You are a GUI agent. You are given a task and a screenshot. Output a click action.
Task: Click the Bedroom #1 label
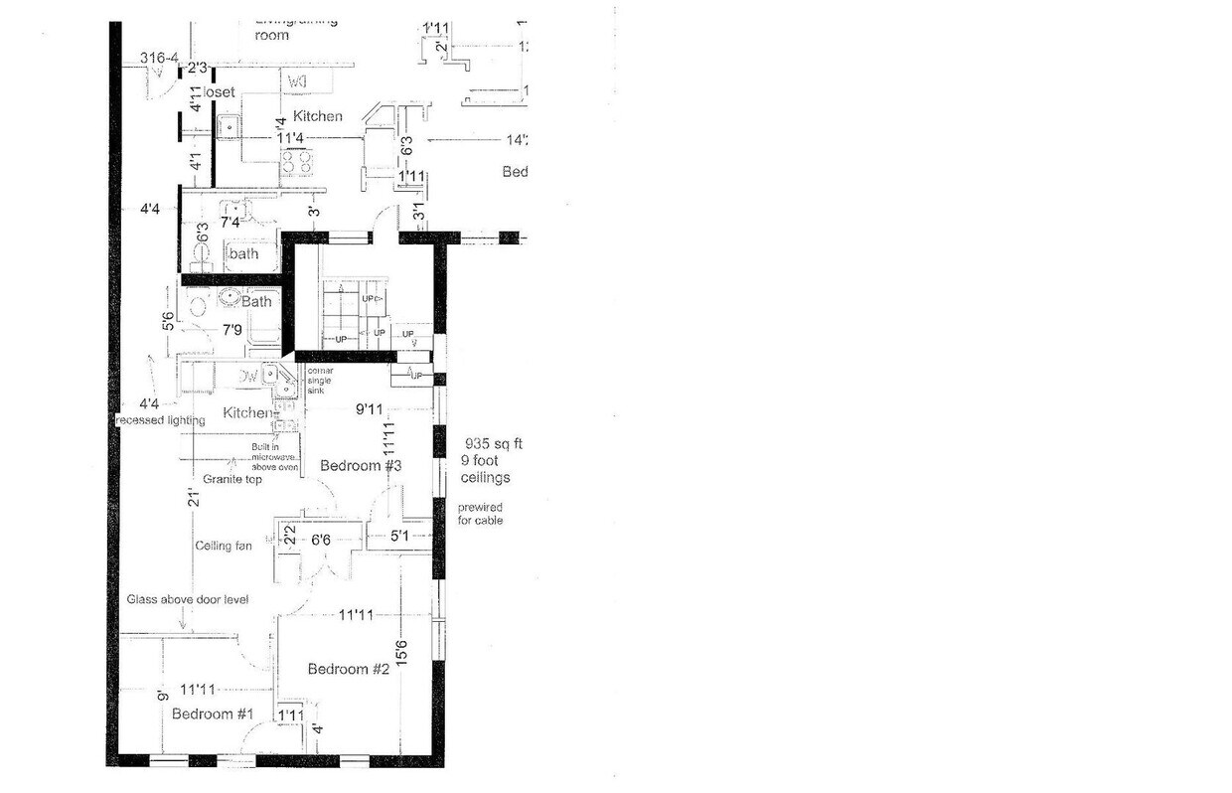click(213, 714)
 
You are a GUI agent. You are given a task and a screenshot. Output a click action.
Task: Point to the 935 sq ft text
click(492, 443)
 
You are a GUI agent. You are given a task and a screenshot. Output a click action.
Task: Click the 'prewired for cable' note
click(480, 514)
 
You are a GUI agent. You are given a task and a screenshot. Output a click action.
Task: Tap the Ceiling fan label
click(223, 546)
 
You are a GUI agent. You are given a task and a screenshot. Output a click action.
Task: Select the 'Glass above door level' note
click(188, 599)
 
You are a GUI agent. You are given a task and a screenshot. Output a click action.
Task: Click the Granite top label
click(231, 479)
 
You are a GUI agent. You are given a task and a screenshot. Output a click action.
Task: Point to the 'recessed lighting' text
click(160, 420)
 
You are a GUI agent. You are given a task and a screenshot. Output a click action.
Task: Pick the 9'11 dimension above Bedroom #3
click(370, 408)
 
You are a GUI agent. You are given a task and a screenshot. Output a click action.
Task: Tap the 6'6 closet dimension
click(320, 541)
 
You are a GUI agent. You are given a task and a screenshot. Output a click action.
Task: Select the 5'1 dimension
click(399, 537)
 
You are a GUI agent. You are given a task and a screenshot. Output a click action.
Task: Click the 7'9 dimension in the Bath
click(231, 329)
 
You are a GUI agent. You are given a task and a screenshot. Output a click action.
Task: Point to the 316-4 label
click(158, 59)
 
